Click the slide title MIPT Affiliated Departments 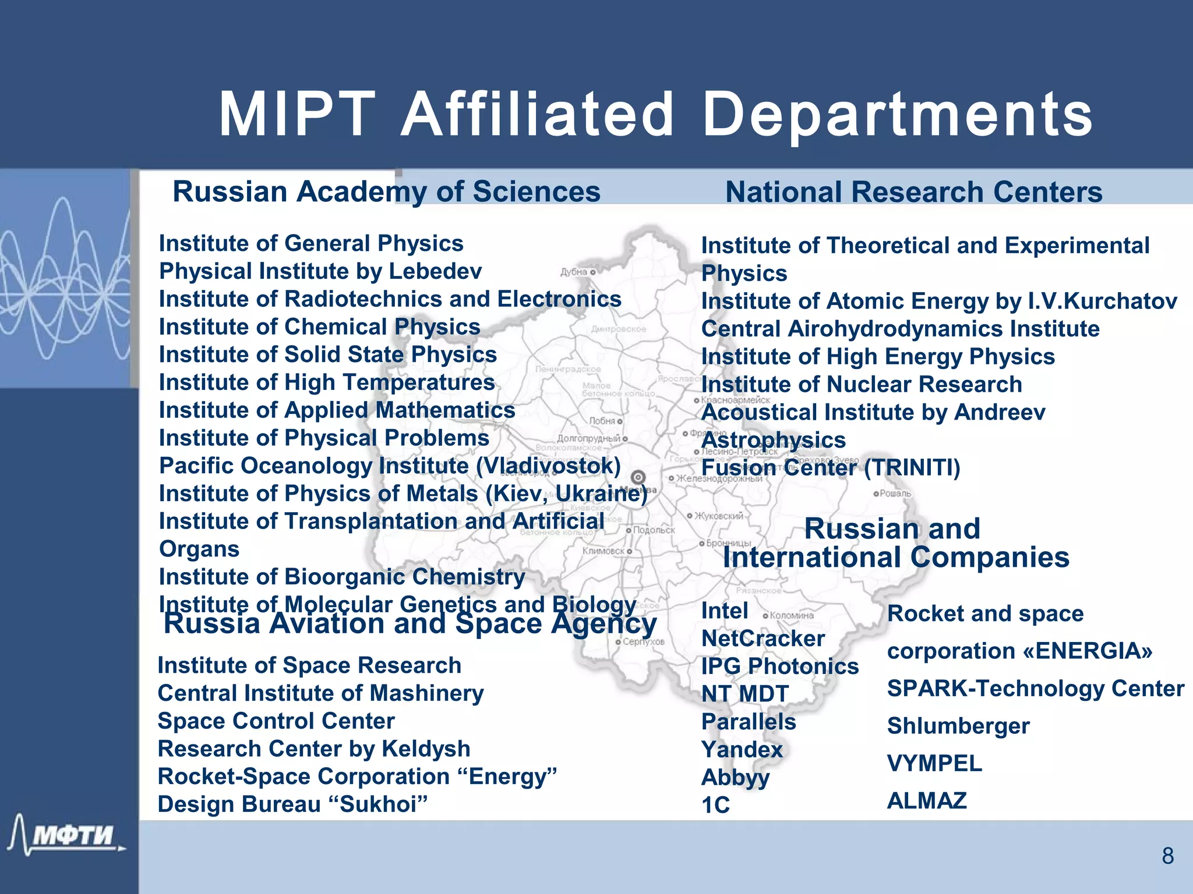coord(655,115)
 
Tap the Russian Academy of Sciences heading coord(386,191)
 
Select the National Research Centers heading coord(913,192)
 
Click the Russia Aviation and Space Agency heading coord(410,624)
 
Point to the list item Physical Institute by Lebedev coord(320,271)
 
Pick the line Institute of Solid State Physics coord(327,354)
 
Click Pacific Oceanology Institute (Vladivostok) coord(390,466)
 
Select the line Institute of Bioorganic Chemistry coord(342,577)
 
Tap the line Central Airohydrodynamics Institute coord(900,329)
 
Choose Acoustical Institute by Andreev coord(873,412)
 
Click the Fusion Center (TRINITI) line coord(831,467)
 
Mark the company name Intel coord(725,611)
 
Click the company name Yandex coord(742,750)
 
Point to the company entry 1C coord(715,806)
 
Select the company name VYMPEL coord(934,764)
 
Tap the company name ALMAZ coord(927,801)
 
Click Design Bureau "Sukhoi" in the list coord(292,804)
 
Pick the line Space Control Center coord(276,721)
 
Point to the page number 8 coord(1167,856)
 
